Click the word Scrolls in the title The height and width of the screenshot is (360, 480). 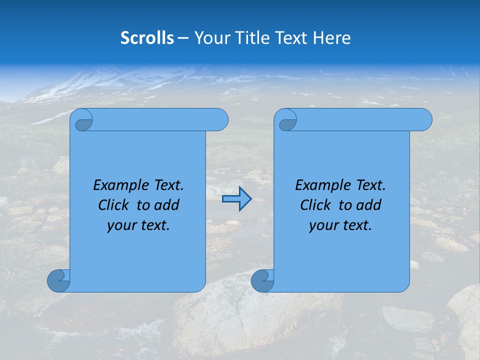[147, 38]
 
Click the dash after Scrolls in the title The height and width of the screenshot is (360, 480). [183, 38]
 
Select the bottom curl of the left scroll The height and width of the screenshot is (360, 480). [58, 280]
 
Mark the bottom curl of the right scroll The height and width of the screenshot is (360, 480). [262, 280]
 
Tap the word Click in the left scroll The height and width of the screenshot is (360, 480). [113, 205]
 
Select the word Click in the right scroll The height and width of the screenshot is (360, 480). [315, 205]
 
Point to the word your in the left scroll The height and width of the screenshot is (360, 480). [120, 225]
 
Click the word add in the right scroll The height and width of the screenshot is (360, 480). [369, 205]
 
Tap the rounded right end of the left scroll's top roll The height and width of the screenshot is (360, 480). [220, 119]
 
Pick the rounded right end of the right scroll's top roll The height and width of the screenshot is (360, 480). [424, 119]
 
